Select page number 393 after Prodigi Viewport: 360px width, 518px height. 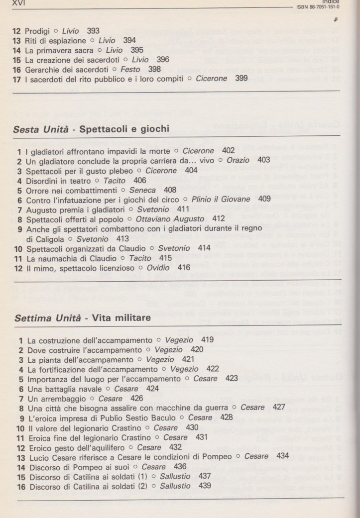coord(93,30)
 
